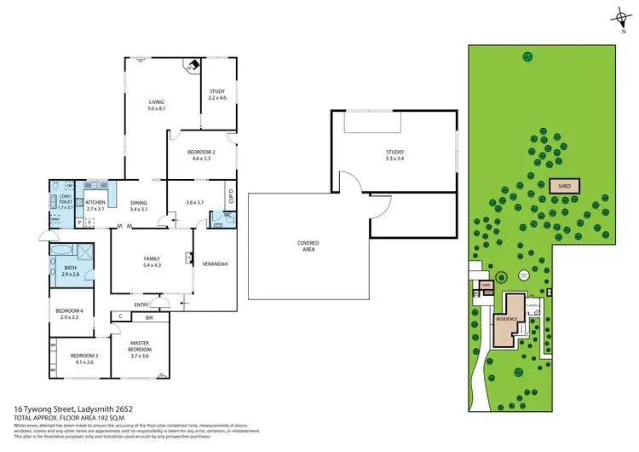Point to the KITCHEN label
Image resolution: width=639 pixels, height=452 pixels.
click(95, 202)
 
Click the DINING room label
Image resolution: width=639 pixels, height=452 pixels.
click(139, 202)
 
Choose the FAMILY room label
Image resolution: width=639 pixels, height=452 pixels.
click(152, 258)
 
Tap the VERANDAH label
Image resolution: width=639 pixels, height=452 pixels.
click(215, 264)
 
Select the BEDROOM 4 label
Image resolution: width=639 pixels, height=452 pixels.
click(70, 311)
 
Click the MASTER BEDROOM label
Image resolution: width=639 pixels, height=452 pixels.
click(139, 346)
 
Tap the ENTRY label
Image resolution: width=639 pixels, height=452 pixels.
click(141, 304)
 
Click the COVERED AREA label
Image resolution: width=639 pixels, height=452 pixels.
click(308, 246)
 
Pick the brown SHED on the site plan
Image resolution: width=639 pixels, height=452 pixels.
click(565, 185)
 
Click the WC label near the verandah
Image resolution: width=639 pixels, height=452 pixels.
click(218, 215)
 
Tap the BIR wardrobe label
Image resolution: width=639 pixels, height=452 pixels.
click(148, 316)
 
